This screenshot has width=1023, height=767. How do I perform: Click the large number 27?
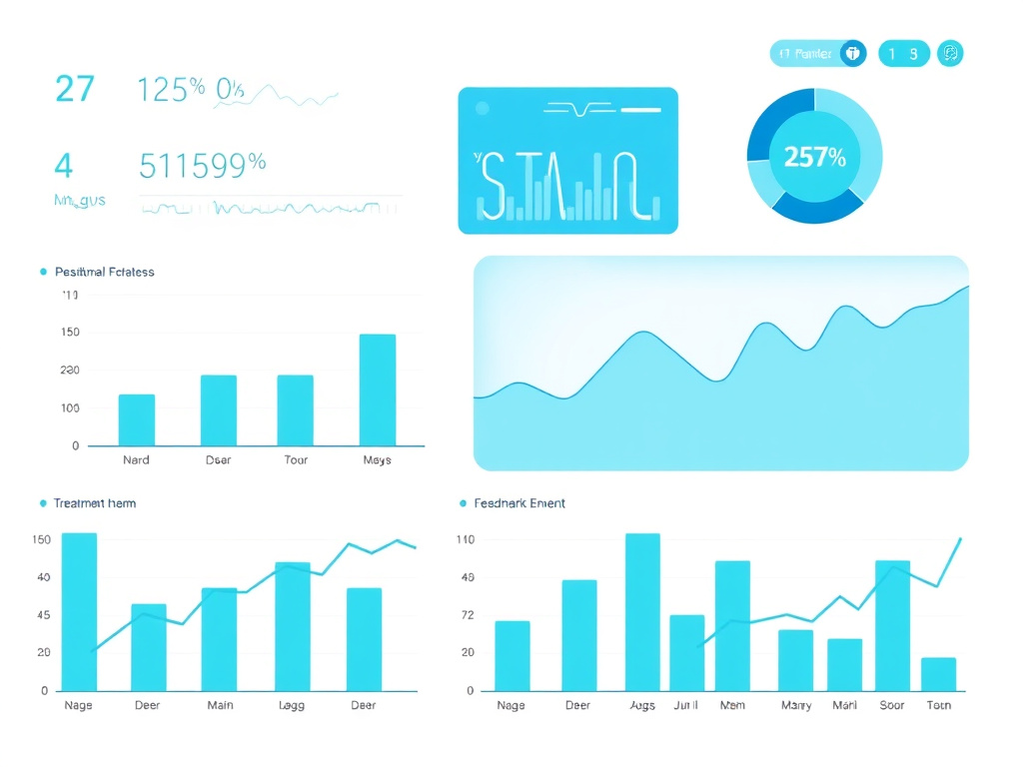coord(75,89)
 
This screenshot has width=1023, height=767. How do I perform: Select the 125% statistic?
coord(171,90)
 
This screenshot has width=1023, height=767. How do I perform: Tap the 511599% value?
coord(202,165)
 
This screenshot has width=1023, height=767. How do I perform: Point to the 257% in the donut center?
coord(814,157)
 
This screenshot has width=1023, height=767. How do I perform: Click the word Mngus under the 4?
coord(79,201)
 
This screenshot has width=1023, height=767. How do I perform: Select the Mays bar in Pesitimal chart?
coord(377,389)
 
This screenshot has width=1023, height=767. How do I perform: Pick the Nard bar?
coord(137,419)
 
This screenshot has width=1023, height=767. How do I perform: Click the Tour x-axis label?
coord(296,460)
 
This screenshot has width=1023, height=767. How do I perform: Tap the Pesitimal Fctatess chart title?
coord(105,272)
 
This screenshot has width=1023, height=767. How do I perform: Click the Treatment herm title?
coord(95,503)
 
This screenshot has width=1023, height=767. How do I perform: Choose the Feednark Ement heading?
coord(518,503)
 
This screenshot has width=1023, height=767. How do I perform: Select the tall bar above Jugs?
coord(642,611)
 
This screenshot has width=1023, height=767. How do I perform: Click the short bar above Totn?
coord(938,674)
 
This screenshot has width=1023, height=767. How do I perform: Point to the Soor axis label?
coord(892,705)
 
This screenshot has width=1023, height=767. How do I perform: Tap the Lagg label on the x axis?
coord(292,705)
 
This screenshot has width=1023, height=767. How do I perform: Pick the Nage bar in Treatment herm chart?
coord(79,611)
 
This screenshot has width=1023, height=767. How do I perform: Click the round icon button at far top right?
coord(950,53)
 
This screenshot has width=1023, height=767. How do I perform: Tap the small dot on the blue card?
coord(483,108)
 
